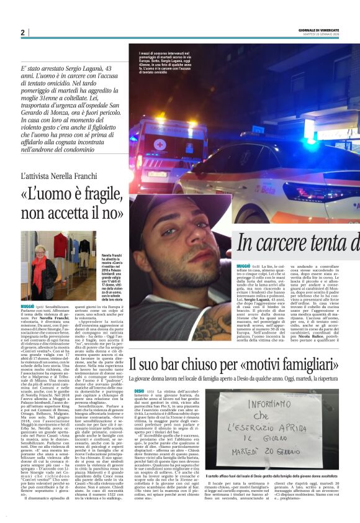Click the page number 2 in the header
coord(22,32)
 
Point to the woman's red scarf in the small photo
coord(40,269)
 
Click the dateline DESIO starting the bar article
coord(138,389)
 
